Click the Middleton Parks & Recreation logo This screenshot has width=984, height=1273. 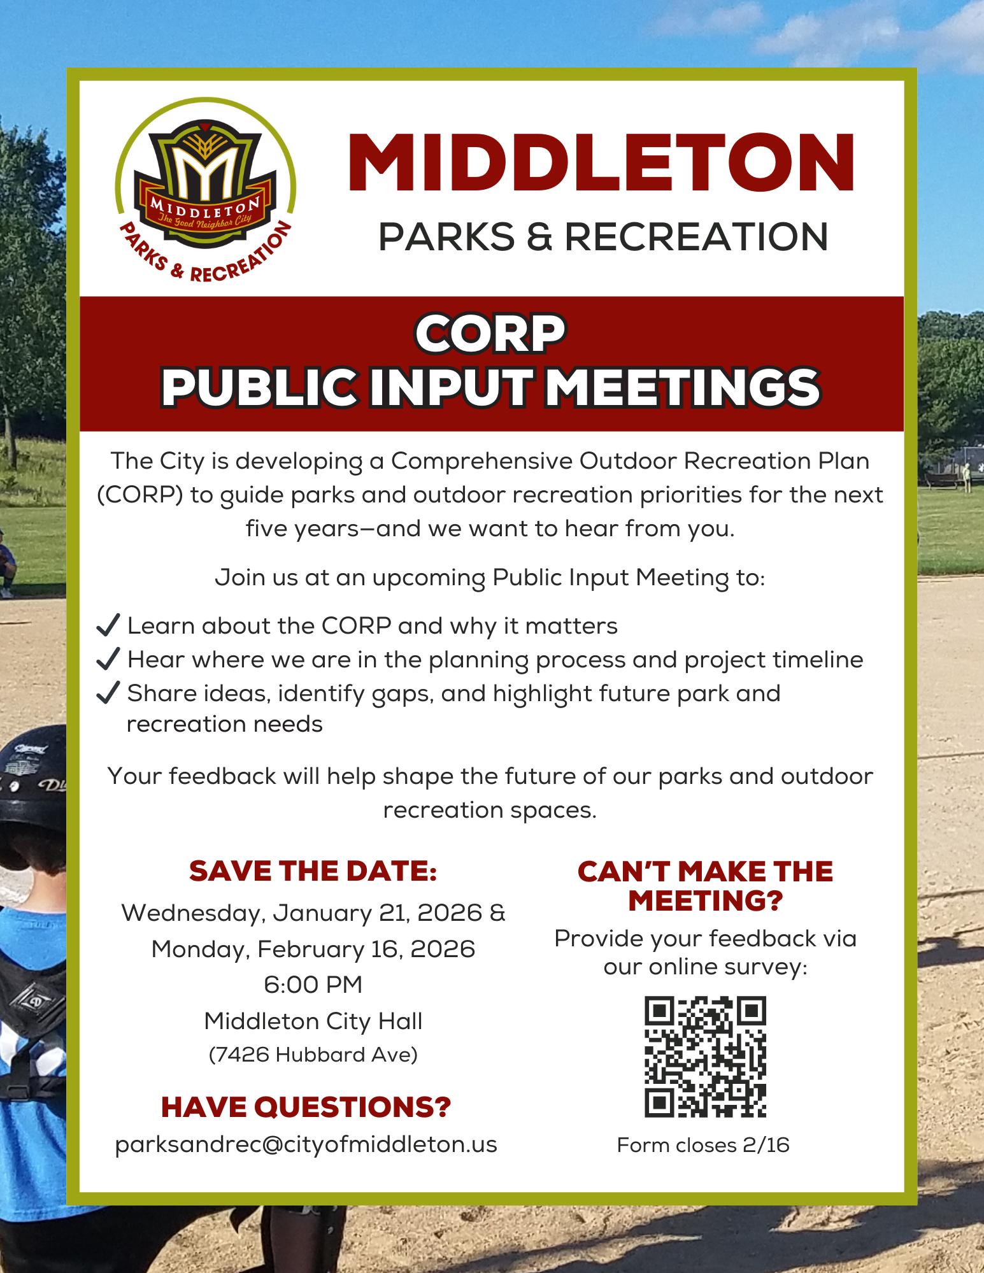point(205,190)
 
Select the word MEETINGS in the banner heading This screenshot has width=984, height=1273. point(683,387)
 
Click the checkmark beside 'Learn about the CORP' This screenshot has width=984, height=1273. point(108,625)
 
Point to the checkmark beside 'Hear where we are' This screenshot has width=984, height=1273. point(108,659)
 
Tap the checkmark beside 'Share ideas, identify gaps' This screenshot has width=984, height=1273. point(108,692)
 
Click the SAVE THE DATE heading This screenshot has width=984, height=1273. point(313,871)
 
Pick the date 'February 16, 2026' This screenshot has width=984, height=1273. point(366,949)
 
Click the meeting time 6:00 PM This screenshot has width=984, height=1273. point(313,985)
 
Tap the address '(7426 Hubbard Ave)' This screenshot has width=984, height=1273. point(313,1055)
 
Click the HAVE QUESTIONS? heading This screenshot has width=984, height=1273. point(306,1107)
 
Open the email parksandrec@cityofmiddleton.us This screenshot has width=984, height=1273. point(306,1144)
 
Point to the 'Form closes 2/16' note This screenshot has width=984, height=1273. point(703,1145)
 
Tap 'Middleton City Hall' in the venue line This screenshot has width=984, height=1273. point(313,1021)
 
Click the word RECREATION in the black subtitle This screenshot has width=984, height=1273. point(696,237)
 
